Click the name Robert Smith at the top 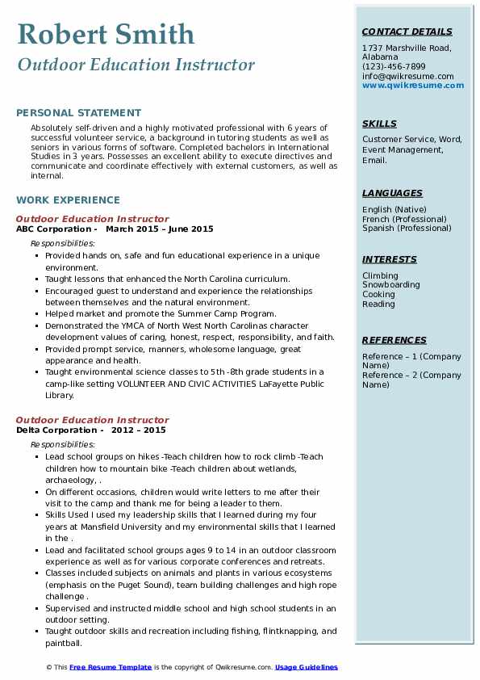tap(106, 34)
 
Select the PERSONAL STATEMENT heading tap(78, 113)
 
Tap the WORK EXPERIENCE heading tap(68, 199)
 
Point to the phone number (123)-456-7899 tap(394, 67)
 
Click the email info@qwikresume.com tap(407, 76)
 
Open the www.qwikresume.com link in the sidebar tap(407, 85)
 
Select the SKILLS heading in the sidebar tap(379, 124)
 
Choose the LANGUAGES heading tap(392, 193)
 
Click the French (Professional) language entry tap(404, 219)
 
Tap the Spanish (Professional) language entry tap(407, 228)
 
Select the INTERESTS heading tap(390, 259)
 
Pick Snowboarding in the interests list tap(390, 285)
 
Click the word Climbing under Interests tap(380, 275)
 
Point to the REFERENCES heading tap(394, 340)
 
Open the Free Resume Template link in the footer tap(111, 667)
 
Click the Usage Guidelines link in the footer tap(307, 667)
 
